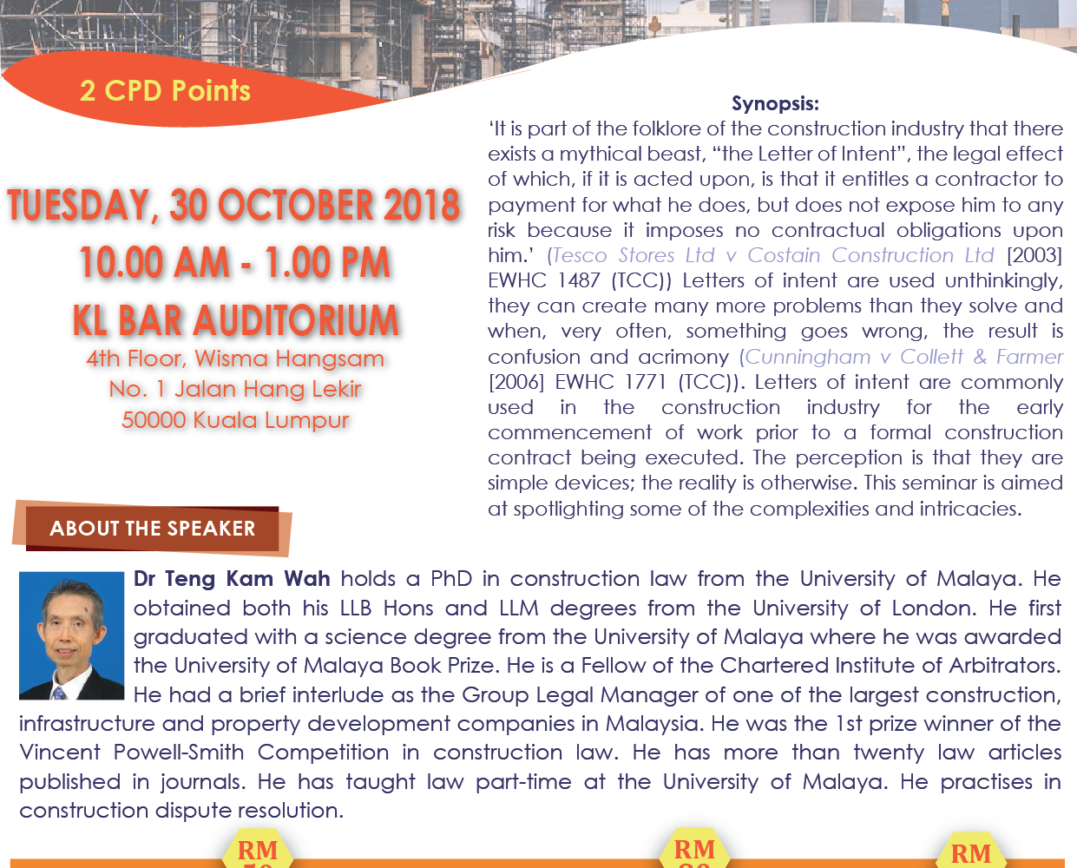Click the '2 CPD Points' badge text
pyautogui.click(x=165, y=91)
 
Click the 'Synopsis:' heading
pyautogui.click(x=775, y=103)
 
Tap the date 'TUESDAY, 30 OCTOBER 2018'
pyautogui.click(x=234, y=205)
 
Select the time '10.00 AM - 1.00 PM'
pyautogui.click(x=235, y=262)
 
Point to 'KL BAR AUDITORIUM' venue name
pyautogui.click(x=235, y=320)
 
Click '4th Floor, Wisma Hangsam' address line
pyautogui.click(x=235, y=358)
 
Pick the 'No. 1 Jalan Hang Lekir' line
pyautogui.click(x=235, y=389)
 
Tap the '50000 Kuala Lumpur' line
pyautogui.click(x=235, y=420)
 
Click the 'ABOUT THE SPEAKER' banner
pyautogui.click(x=153, y=529)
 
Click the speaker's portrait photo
pyautogui.click(x=71, y=635)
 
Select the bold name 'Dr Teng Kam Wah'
pyautogui.click(x=232, y=579)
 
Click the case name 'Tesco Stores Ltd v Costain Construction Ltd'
pyautogui.click(x=773, y=255)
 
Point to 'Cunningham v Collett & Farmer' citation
pyautogui.click(x=903, y=357)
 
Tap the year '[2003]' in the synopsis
pyautogui.click(x=1034, y=255)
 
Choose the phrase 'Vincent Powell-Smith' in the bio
pyautogui.click(x=132, y=753)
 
